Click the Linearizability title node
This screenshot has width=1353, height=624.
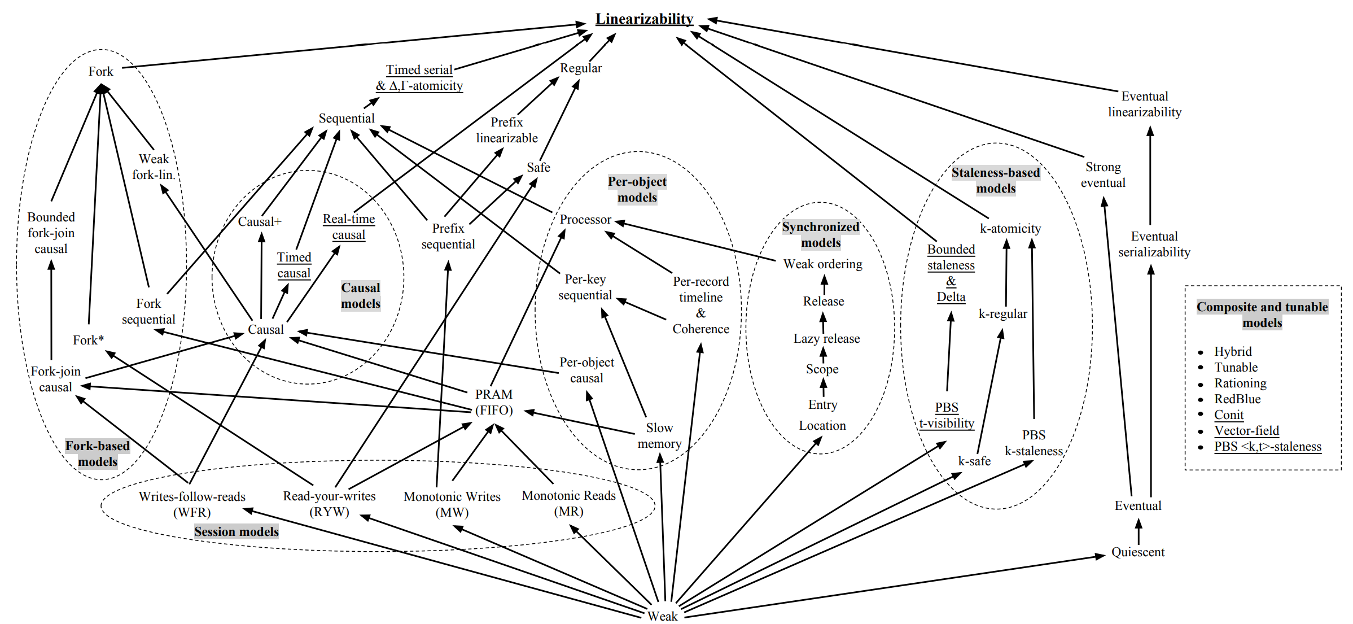644,19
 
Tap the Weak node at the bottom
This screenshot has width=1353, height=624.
662,616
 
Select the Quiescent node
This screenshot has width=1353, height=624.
1137,552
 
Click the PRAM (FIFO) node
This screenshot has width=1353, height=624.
494,402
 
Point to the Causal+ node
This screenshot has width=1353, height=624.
260,221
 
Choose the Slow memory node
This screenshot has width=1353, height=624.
659,435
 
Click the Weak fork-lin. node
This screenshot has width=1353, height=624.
154,167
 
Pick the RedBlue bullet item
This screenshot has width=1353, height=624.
1237,399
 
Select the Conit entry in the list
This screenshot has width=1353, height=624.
1229,414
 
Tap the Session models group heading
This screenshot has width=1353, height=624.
237,531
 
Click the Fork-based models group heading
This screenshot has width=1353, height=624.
98,453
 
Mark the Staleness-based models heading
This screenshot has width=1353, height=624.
996,180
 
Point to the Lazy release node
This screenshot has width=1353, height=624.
826,338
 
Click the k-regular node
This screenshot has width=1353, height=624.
1002,313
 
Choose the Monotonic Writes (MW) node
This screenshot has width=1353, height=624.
452,504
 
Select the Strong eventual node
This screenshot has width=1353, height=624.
1102,174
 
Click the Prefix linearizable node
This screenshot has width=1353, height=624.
506,130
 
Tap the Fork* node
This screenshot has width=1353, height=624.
88,340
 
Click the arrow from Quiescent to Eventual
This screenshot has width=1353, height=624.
1139,531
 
